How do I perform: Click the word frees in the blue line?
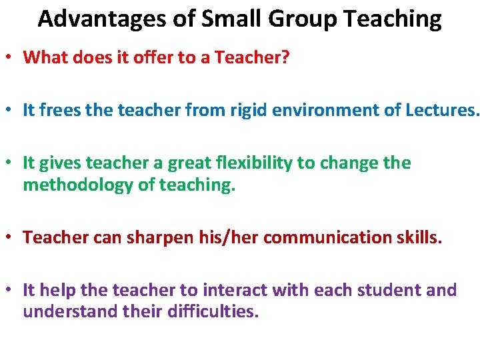click(x=61, y=110)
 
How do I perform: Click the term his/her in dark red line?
click(x=213, y=237)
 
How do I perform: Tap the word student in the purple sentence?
click(x=383, y=290)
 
